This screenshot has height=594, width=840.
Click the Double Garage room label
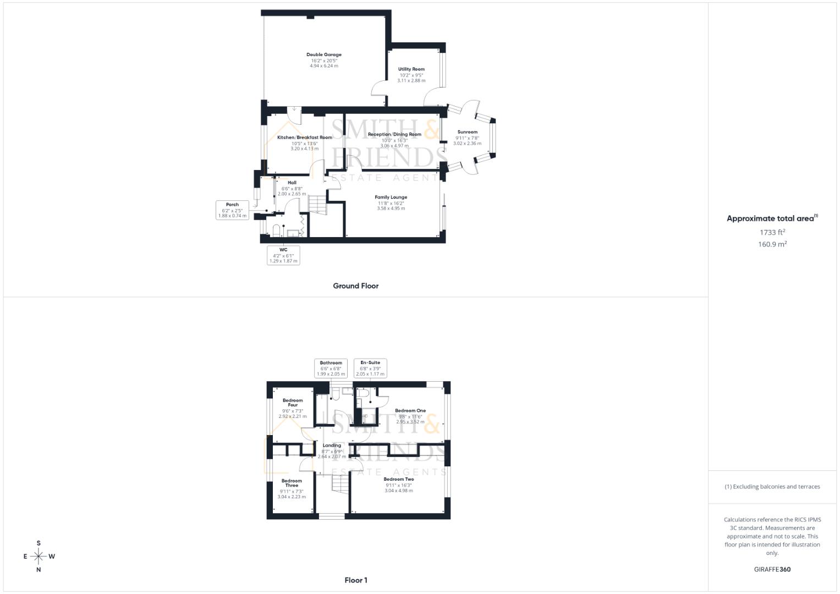tap(324, 55)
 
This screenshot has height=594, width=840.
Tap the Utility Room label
tap(411, 69)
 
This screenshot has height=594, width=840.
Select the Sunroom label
tap(467, 132)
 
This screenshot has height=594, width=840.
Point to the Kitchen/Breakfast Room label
tap(304, 137)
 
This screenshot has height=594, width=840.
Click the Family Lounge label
tap(391, 197)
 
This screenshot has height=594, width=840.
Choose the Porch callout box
tap(232, 210)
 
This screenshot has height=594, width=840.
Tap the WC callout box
tap(283, 255)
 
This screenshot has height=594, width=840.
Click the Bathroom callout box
tap(331, 368)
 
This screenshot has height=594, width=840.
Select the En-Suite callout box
tap(370, 368)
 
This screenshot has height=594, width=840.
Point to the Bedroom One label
tap(410, 411)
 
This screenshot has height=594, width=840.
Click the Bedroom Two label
tap(399, 479)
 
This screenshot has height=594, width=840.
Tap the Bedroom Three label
tap(292, 483)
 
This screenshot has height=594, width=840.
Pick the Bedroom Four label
tap(292, 403)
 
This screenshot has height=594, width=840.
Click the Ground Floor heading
tap(355, 286)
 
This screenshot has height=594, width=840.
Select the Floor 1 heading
tap(356, 580)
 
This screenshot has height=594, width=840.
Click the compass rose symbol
tap(39, 557)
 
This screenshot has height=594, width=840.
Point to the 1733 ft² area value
tap(772, 232)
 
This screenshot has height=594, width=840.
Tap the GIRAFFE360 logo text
tap(772, 569)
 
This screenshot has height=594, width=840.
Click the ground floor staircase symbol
tap(317, 205)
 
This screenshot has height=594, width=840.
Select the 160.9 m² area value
tap(772, 244)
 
